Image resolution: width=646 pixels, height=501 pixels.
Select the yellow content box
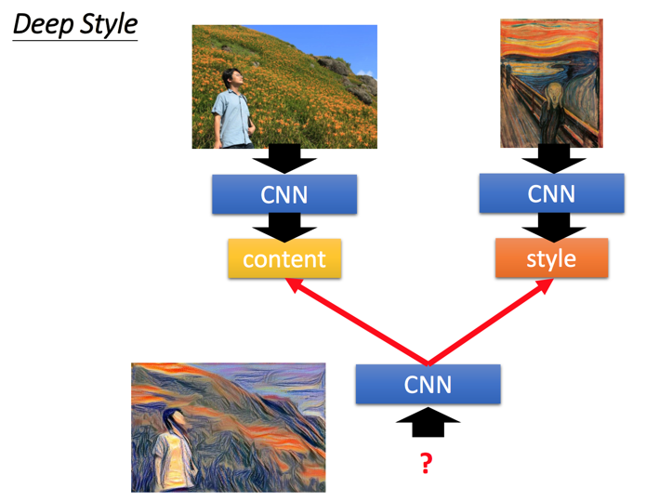284,258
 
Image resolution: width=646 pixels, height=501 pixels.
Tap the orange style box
551,258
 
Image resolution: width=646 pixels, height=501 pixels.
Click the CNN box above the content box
284,194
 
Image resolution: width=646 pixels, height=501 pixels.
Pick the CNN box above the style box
551,194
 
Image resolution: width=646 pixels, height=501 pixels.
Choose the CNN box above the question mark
428,384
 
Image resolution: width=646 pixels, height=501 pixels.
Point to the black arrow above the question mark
428,422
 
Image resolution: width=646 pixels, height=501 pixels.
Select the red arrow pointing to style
493,321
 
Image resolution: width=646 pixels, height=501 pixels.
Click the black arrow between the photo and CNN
284,159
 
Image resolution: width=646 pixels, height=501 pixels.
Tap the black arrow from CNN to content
284,226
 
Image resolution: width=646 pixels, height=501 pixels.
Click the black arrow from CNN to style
551,226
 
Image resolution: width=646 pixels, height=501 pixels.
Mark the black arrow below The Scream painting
551,159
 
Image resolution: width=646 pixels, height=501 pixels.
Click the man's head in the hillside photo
231,78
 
